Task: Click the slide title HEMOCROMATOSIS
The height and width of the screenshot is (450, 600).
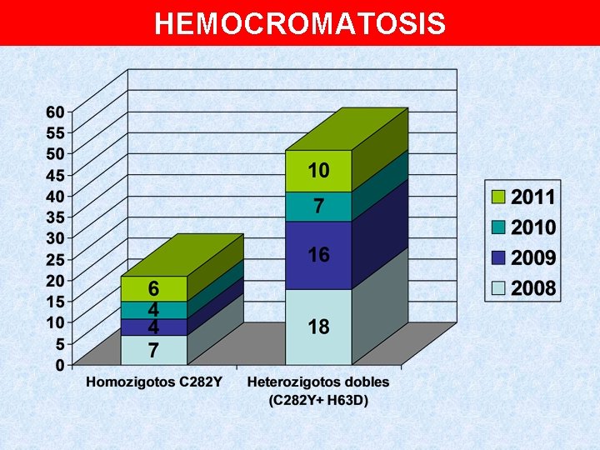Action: (300, 24)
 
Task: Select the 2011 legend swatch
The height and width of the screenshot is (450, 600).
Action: (498, 197)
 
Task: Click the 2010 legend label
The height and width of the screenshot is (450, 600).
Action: (533, 227)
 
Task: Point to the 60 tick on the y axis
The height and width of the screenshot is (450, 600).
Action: (55, 112)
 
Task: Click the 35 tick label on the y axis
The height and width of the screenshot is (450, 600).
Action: (55, 217)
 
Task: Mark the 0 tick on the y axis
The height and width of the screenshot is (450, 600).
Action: (59, 364)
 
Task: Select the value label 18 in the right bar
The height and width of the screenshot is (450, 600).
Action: (318, 327)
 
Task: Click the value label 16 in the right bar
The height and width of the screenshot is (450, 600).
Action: (318, 255)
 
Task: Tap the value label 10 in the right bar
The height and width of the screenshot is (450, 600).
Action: (318, 171)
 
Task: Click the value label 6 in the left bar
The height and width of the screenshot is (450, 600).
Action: (153, 288)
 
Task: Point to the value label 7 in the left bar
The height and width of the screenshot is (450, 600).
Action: (153, 351)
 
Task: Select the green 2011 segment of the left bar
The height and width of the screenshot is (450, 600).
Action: (133, 288)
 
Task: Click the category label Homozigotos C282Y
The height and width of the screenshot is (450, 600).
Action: (153, 382)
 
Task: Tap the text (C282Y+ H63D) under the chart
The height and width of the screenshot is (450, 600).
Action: (318, 399)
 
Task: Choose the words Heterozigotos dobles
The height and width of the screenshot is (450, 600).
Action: (318, 382)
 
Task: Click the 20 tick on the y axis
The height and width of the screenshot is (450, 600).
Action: (55, 280)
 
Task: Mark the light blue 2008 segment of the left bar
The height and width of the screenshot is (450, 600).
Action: (133, 350)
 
